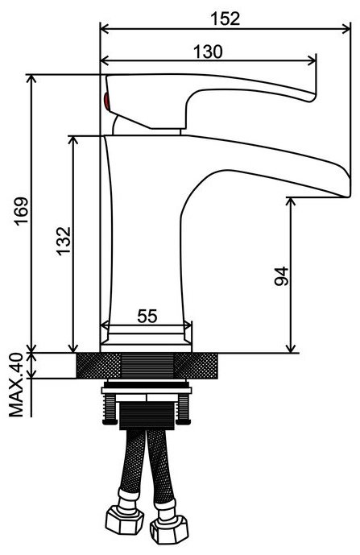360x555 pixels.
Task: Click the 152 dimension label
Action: (x=226, y=19)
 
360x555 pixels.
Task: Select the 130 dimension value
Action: (x=208, y=52)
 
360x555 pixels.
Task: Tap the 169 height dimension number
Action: (x=21, y=211)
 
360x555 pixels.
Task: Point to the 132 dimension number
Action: (x=64, y=241)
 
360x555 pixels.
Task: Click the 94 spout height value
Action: (x=282, y=276)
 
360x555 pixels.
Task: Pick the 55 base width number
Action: (x=147, y=316)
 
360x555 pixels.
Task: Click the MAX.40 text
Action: (x=15, y=385)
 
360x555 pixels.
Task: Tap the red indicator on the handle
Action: (x=106, y=102)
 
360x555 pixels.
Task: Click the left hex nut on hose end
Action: (x=125, y=520)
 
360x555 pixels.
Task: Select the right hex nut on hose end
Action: (x=168, y=528)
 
